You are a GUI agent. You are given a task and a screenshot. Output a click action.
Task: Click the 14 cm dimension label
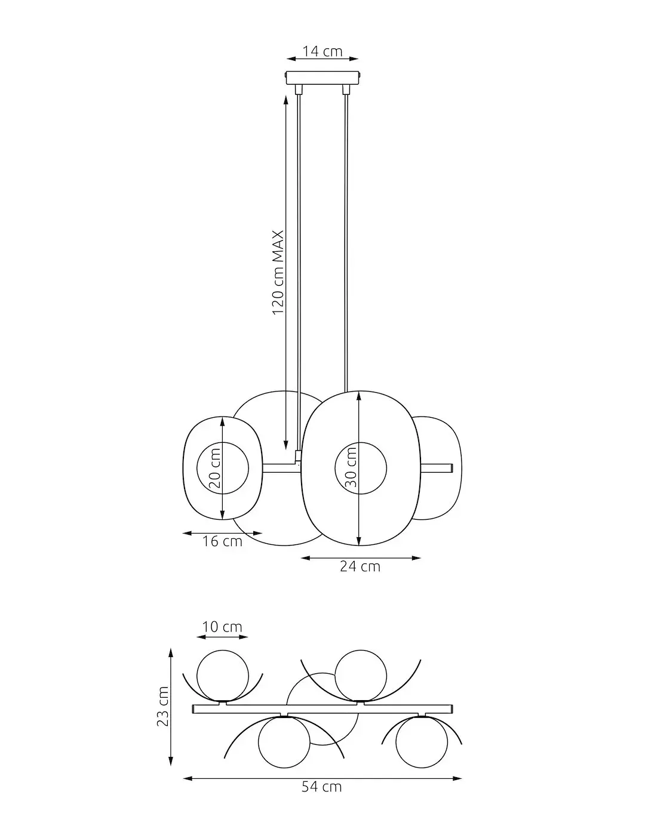click(x=322, y=51)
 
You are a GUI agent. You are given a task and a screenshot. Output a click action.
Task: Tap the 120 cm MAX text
click(x=278, y=273)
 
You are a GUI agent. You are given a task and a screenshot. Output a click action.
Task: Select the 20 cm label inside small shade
click(x=216, y=469)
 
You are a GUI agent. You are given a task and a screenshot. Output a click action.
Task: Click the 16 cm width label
click(x=222, y=542)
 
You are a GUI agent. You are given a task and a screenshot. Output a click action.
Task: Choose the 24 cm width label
click(x=360, y=566)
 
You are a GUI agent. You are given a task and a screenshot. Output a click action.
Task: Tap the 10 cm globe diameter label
click(x=222, y=627)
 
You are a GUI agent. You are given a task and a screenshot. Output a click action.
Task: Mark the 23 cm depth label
click(x=162, y=706)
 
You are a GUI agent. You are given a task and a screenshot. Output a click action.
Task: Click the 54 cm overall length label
click(x=322, y=787)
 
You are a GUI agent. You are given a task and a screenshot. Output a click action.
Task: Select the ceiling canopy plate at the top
click(x=323, y=78)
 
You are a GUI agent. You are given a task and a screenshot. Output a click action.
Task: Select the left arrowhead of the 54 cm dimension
click(x=186, y=778)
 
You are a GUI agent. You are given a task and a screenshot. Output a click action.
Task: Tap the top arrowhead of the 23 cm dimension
click(x=171, y=652)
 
